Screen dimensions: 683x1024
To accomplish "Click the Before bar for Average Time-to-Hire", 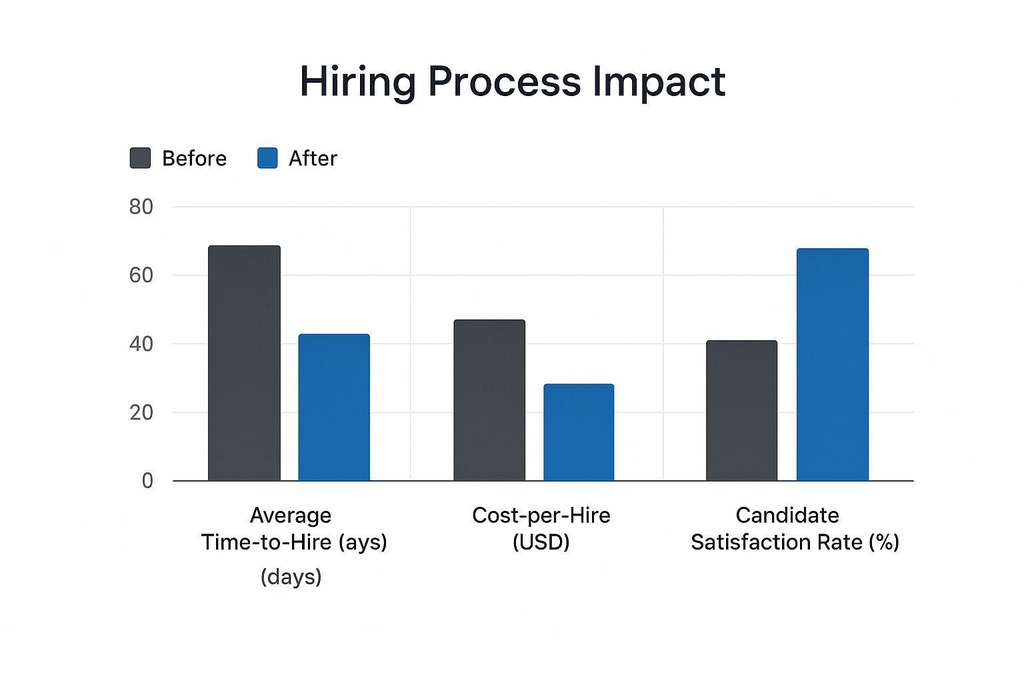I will tap(244, 364).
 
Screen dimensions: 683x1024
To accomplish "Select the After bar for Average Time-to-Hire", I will tap(333, 408).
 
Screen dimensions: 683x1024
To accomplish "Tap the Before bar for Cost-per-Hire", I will tap(489, 400).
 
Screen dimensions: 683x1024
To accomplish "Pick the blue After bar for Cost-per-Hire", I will tap(579, 432).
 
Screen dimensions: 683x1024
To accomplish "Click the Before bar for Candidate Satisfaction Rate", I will tap(741, 411).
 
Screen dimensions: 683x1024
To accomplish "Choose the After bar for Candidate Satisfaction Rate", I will tap(832, 365).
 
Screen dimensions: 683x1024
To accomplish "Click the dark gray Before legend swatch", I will tap(140, 158).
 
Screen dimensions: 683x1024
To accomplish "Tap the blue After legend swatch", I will tap(267, 158).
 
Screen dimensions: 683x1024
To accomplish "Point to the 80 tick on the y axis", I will tap(141, 207).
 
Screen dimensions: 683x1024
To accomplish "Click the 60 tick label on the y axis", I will tap(141, 275).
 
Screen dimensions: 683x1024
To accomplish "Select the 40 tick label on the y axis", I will tap(141, 344).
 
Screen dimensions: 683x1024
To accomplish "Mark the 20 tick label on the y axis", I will tap(141, 412).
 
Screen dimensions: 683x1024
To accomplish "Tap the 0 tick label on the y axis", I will tap(147, 481).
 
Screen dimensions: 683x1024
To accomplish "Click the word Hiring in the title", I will tap(357, 82).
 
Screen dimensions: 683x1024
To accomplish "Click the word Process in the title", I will tap(504, 82).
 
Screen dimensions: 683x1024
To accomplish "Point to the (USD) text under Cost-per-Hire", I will tap(541, 542).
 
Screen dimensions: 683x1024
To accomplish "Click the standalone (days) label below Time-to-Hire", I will tap(291, 576).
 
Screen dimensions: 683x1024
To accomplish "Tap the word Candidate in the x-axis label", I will tap(787, 515).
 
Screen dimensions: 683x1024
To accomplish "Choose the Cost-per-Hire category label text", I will tap(541, 515).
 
